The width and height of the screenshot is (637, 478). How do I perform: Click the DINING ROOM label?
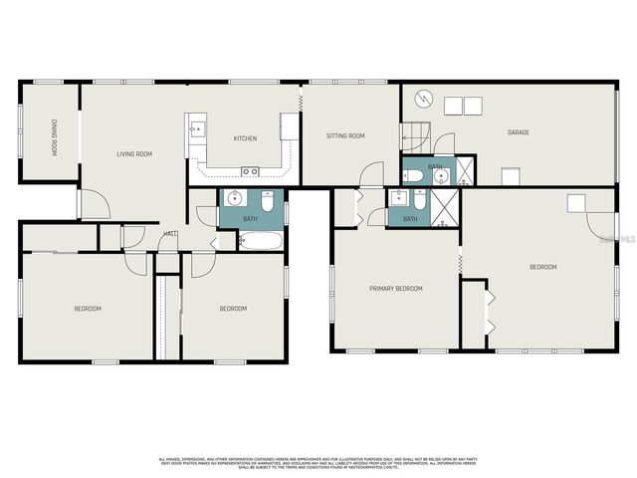coord(56,137)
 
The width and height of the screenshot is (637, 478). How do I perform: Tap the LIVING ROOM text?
coord(134,153)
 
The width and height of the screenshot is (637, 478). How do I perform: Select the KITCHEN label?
coord(246,137)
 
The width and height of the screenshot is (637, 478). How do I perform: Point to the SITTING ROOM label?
coord(346,135)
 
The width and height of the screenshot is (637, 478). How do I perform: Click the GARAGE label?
coord(518,131)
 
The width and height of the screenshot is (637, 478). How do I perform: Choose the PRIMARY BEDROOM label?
coord(396,289)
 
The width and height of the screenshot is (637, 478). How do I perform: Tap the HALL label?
coord(170,234)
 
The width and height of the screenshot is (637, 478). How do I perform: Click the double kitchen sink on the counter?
coord(248,171)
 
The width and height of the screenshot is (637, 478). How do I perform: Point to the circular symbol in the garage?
coord(424,99)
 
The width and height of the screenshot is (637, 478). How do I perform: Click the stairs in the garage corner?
coord(414,134)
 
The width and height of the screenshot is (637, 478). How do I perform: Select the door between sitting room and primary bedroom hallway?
coord(371,174)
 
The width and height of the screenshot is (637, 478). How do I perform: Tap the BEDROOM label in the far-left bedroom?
coord(88,309)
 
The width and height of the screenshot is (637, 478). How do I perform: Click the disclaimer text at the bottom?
coord(318,462)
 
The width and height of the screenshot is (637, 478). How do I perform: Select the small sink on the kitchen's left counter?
coord(197,128)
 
